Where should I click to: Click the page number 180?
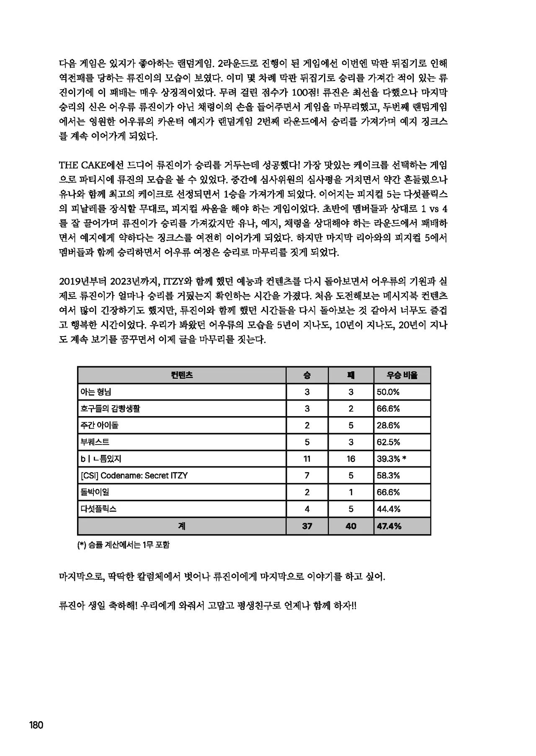[x=36, y=725]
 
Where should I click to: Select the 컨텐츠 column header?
[x=182, y=375]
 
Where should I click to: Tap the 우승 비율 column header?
[x=402, y=375]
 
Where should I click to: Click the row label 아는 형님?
[x=96, y=392]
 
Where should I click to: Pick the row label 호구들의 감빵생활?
[x=110, y=409]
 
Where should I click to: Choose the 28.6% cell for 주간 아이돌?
[x=388, y=425]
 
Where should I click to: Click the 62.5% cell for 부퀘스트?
[x=388, y=442]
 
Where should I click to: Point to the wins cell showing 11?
[x=307, y=459]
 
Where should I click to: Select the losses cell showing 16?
[x=351, y=459]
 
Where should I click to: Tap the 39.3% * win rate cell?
[x=392, y=459]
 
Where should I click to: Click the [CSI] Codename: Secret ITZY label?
[x=134, y=476]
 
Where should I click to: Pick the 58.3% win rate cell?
[x=388, y=476]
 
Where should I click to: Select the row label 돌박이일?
[x=95, y=492]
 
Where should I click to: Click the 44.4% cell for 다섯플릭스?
[x=388, y=509]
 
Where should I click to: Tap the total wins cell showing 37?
[x=307, y=526]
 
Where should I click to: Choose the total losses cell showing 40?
[x=351, y=526]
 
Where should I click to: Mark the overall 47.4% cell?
[x=389, y=526]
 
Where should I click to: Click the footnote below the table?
[x=124, y=545]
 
